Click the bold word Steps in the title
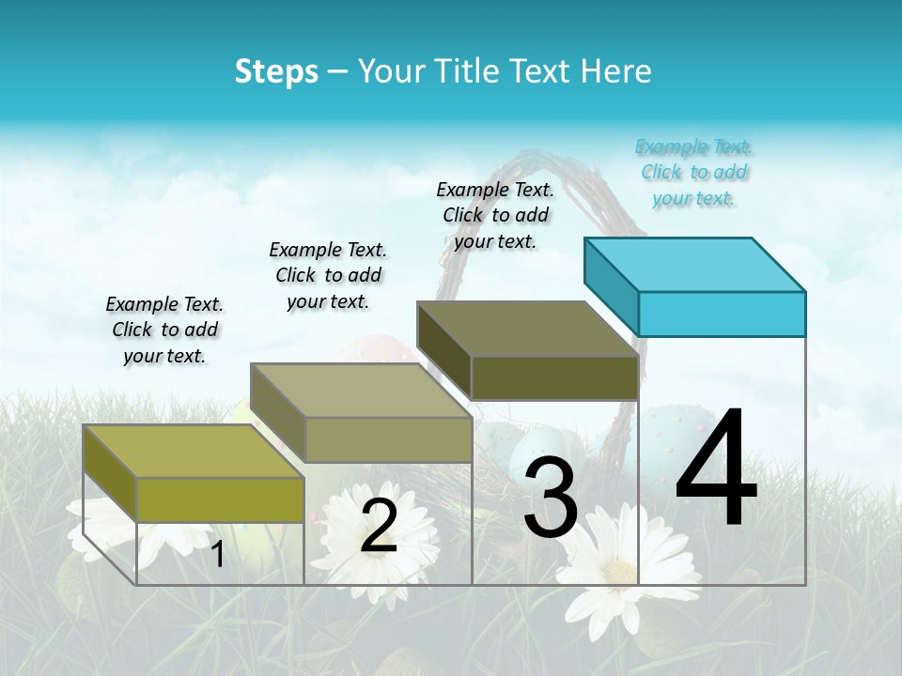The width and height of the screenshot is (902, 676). coord(276,71)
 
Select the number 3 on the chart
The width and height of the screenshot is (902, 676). coord(551,498)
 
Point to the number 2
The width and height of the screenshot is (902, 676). coord(379,526)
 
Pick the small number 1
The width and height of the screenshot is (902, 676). coord(217,554)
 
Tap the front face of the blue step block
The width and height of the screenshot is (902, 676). coord(722,314)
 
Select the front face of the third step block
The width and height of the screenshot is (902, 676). coord(554,378)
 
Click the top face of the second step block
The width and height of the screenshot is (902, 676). coord(361,391)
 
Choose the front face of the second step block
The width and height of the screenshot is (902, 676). coord(388,439)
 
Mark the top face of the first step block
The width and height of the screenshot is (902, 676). coord(194,451)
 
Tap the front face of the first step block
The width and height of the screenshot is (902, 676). coord(220,499)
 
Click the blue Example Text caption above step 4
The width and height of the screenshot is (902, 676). coord(694,173)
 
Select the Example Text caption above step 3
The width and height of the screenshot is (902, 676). coord(495,215)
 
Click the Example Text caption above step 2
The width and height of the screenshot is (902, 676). coord(328,275)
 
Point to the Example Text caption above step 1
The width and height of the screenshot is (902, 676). coord(164,330)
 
